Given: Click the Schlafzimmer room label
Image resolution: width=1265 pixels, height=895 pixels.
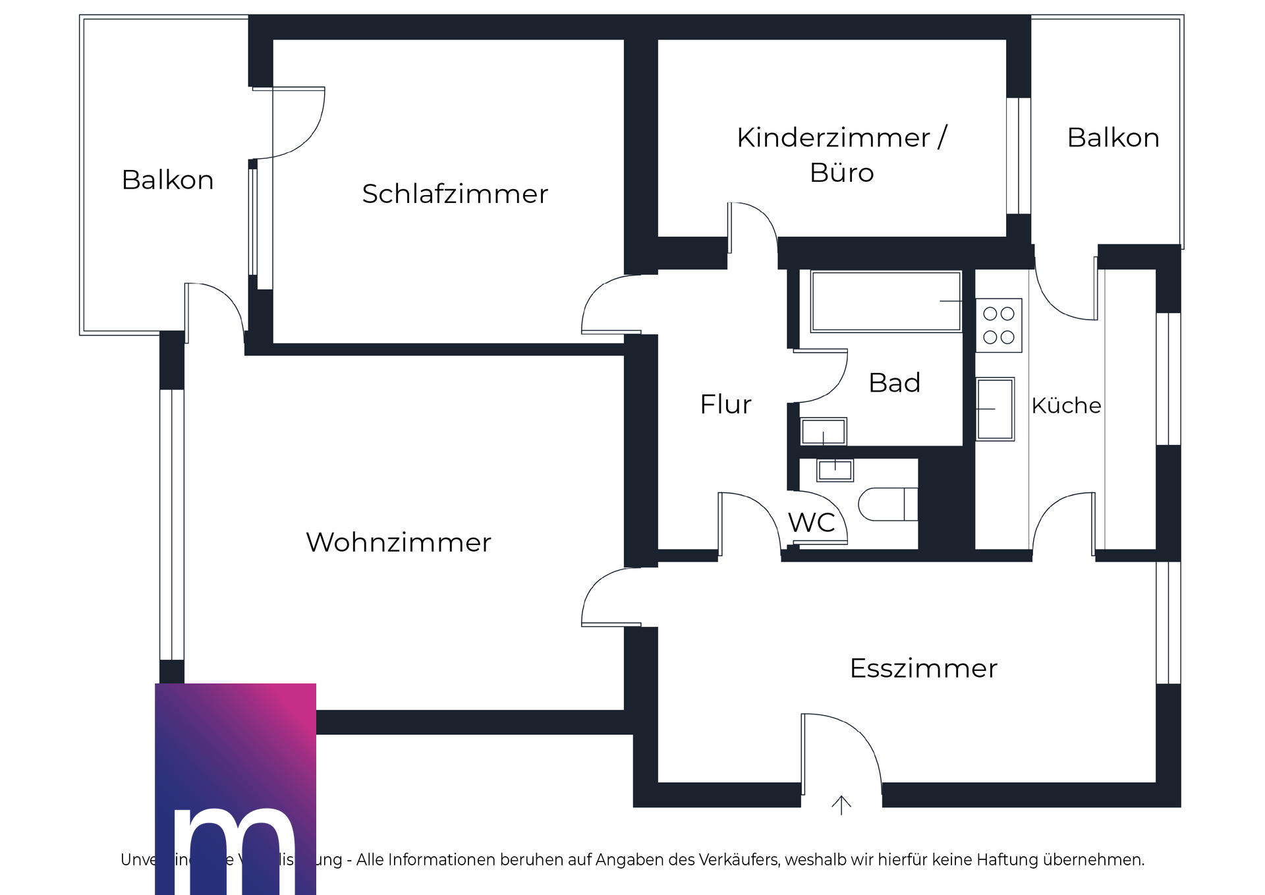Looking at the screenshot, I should [455, 194].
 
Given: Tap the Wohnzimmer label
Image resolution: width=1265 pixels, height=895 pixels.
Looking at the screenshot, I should [398, 542].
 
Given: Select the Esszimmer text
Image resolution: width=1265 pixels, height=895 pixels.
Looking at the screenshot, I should [923, 668].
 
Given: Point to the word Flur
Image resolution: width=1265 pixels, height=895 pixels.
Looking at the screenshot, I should [725, 404].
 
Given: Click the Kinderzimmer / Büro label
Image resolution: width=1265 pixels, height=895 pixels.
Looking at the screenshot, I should [841, 155].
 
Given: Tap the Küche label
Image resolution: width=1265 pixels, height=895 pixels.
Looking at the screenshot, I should [1065, 405].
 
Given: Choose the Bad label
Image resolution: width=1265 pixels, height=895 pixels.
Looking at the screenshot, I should [894, 383].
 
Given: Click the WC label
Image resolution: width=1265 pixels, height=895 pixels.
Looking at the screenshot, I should [811, 523].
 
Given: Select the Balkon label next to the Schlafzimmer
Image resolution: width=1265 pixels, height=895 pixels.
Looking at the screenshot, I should [167, 180].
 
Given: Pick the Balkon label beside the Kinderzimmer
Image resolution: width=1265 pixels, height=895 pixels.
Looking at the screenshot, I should [1113, 138].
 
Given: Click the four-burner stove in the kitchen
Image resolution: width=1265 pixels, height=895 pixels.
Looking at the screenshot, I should [998, 326].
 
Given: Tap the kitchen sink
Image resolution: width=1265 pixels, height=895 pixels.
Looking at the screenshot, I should [995, 409].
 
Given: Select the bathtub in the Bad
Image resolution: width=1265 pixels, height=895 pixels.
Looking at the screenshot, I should [885, 301].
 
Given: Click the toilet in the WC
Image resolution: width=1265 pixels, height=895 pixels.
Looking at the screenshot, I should [887, 505].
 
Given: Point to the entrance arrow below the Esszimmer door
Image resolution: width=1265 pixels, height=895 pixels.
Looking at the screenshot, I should [841, 805].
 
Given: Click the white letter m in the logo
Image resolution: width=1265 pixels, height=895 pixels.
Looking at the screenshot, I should [235, 850].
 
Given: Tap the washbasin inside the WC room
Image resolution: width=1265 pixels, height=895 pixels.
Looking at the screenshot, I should [835, 471].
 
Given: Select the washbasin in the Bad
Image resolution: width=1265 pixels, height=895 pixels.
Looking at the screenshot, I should [823, 432].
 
